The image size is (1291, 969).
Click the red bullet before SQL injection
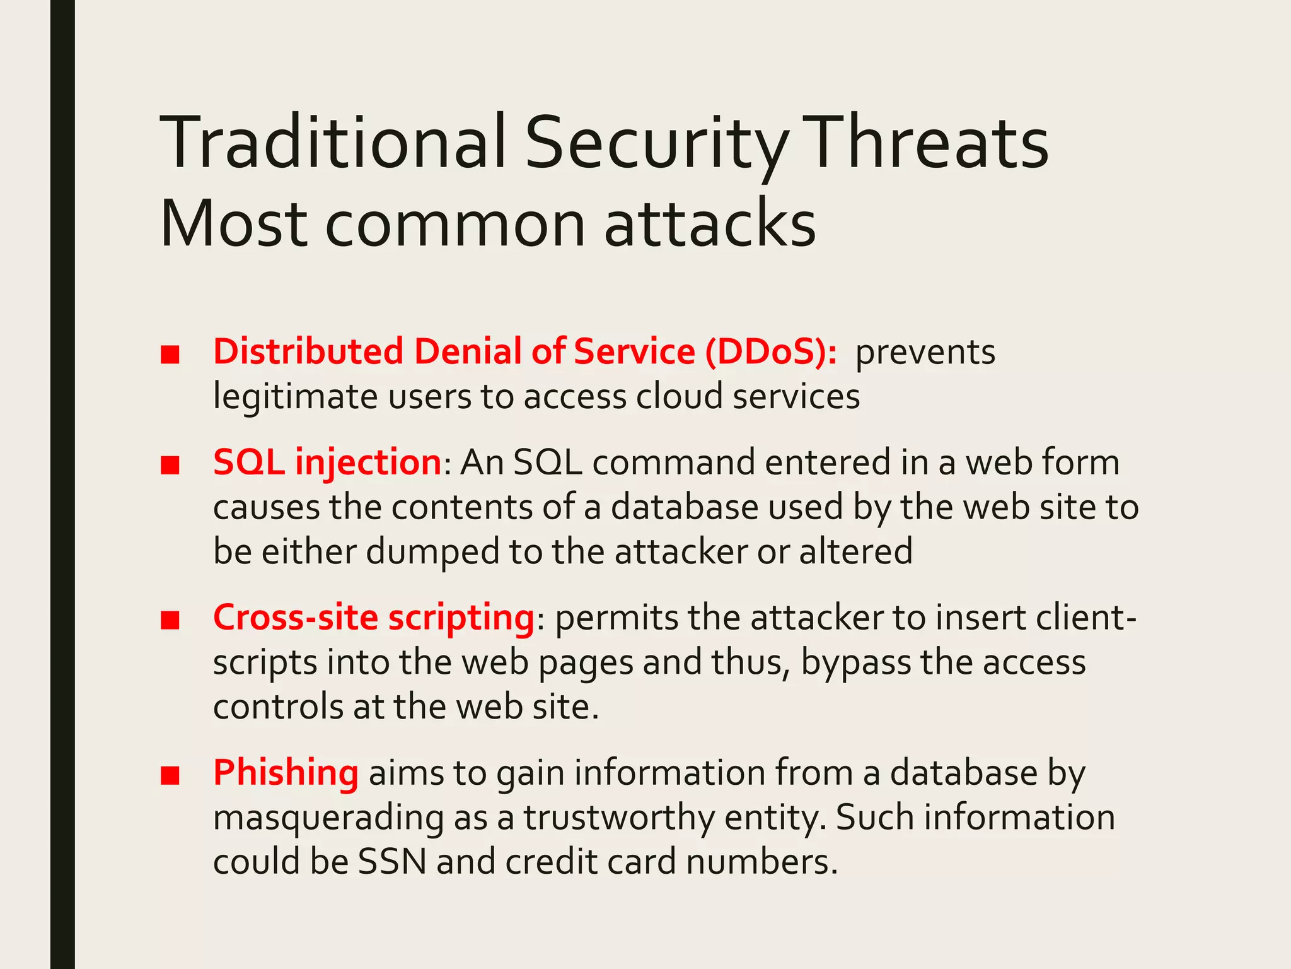click(170, 465)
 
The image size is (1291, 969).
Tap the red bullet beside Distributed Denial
click(170, 355)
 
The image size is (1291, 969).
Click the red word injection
click(368, 462)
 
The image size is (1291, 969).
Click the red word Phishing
click(286, 773)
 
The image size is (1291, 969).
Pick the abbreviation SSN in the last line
click(392, 862)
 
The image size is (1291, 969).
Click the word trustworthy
click(619, 818)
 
